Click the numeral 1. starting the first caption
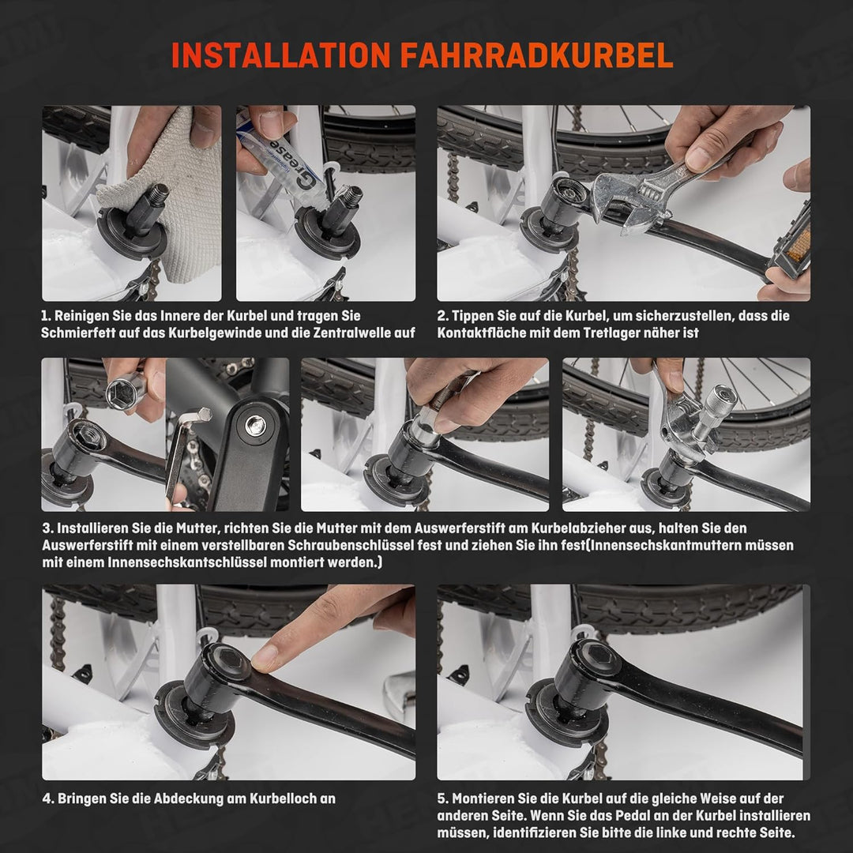46,316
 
